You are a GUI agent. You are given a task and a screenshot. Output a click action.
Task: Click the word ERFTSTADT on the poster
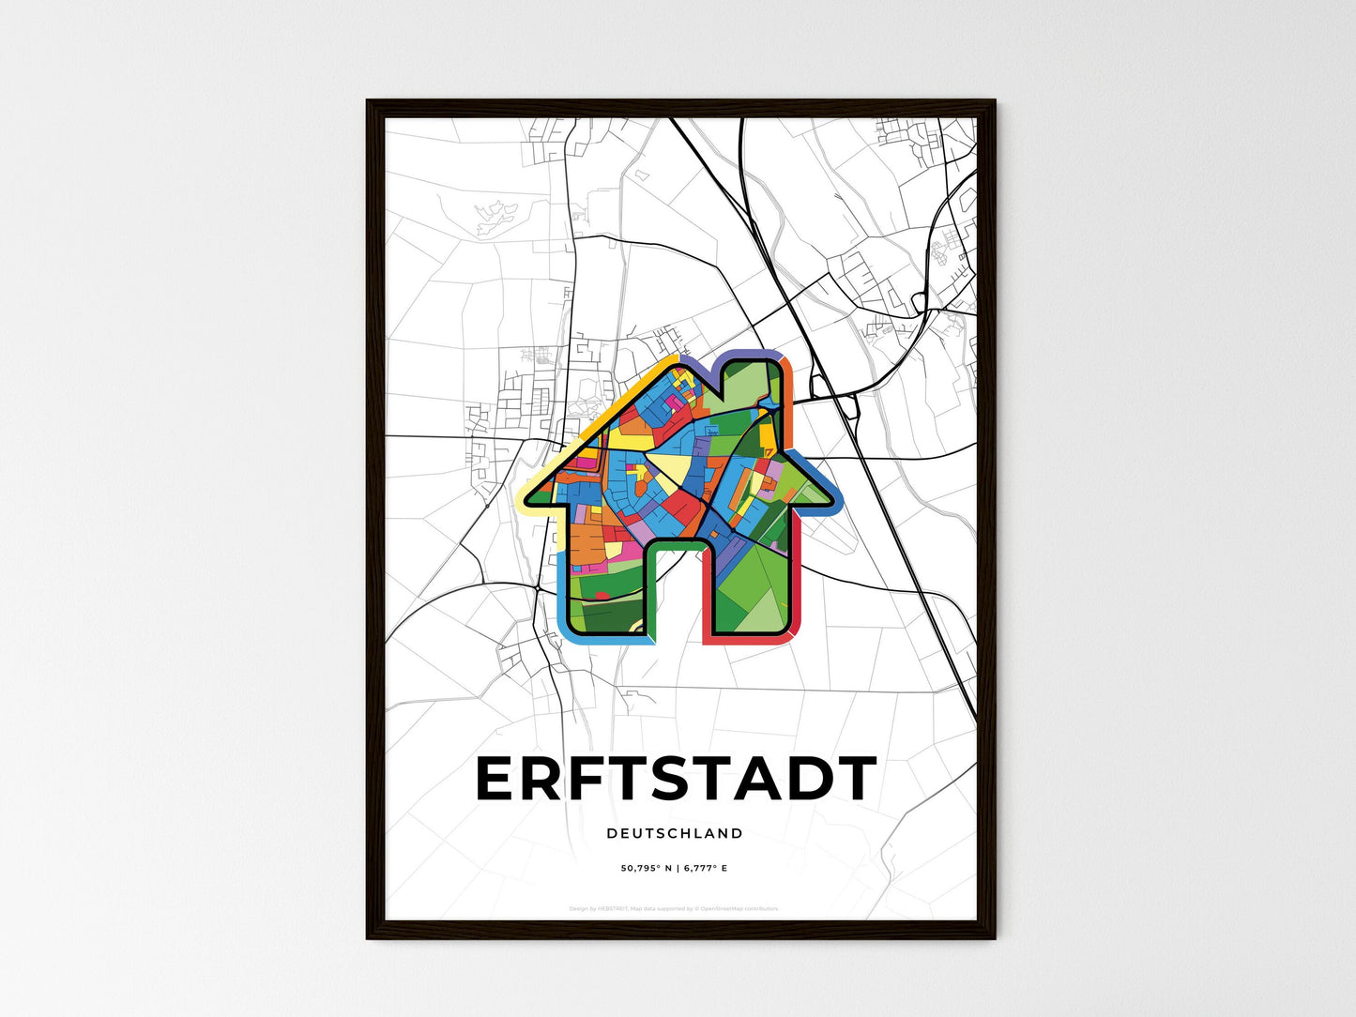[676, 780]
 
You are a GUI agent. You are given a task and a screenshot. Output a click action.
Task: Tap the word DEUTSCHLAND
[675, 833]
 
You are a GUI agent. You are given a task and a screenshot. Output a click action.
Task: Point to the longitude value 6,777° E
[706, 869]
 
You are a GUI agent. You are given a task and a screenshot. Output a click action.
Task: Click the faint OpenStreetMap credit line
[674, 908]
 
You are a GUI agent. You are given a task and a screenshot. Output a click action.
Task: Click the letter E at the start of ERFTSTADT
[498, 780]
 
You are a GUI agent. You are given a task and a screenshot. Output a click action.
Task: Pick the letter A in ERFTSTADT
[738, 780]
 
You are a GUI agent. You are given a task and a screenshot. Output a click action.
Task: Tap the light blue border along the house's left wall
[561, 582]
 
